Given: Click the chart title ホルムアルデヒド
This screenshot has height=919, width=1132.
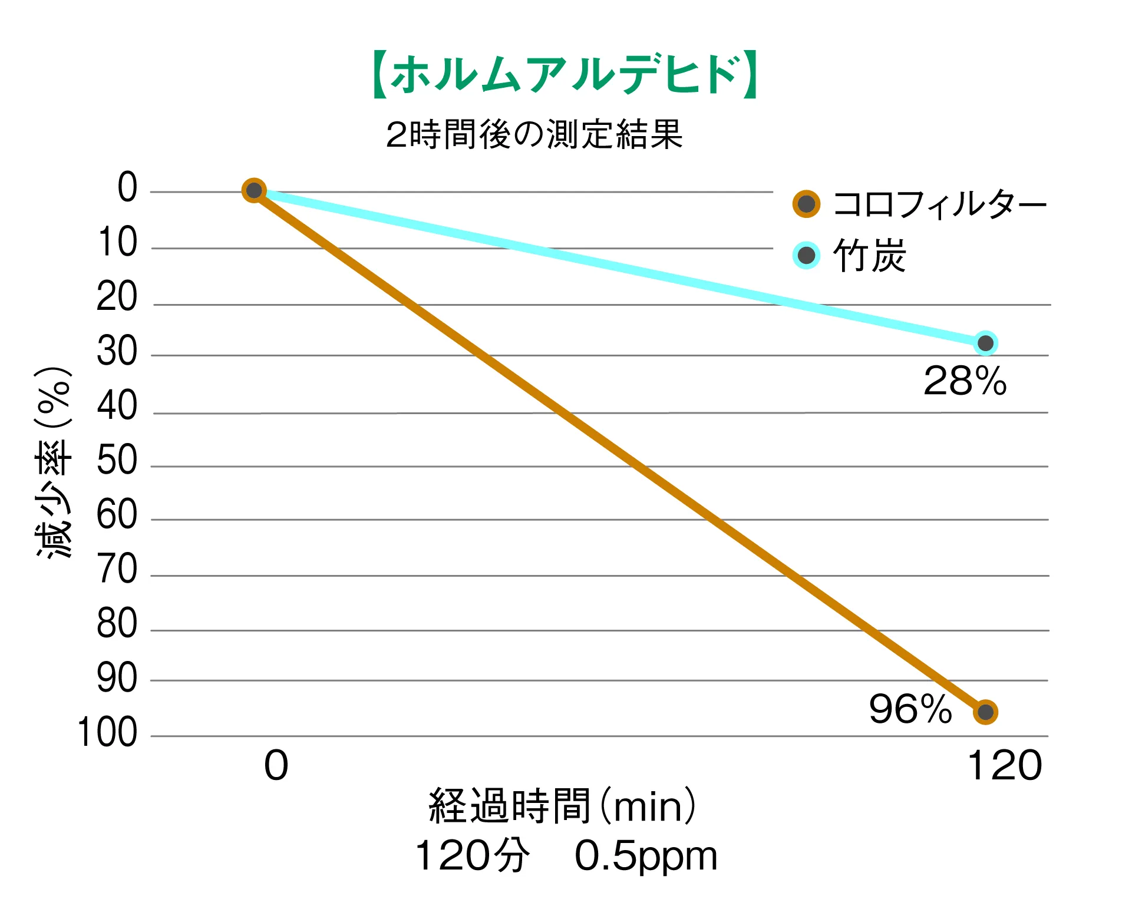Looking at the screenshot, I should pyautogui.click(x=564, y=75).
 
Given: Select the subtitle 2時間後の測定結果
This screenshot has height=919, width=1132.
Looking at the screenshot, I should pyautogui.click(x=534, y=134).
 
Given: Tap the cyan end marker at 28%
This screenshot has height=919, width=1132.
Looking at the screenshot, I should pyautogui.click(x=985, y=343).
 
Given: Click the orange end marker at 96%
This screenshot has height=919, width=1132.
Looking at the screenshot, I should pyautogui.click(x=985, y=712).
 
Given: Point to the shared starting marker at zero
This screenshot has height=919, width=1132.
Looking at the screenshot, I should pyautogui.click(x=254, y=190).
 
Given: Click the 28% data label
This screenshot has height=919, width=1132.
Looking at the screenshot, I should pyautogui.click(x=965, y=381).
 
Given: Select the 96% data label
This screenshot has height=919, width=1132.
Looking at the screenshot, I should pyautogui.click(x=910, y=709).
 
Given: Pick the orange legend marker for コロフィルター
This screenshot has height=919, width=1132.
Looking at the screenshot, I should pyautogui.click(x=806, y=204).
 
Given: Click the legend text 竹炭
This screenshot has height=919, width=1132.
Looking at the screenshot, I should pyautogui.click(x=869, y=256).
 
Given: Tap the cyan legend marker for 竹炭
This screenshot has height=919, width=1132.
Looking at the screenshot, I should pyautogui.click(x=806, y=256).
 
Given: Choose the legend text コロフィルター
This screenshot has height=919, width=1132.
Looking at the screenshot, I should pyautogui.click(x=939, y=204).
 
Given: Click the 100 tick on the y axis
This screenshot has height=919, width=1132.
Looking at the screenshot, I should pyautogui.click(x=107, y=733).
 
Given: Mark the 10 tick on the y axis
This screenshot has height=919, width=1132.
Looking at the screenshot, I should pyautogui.click(x=117, y=243).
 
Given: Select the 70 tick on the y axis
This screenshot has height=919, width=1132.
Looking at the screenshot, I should pyautogui.click(x=117, y=569).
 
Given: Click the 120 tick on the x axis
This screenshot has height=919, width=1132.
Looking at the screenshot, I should pyautogui.click(x=1005, y=766).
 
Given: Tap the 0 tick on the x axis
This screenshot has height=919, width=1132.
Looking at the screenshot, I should pyautogui.click(x=276, y=766).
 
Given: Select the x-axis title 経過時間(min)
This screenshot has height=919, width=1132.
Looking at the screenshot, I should pyautogui.click(x=563, y=806).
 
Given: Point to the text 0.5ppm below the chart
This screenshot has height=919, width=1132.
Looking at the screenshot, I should pyautogui.click(x=646, y=856).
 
